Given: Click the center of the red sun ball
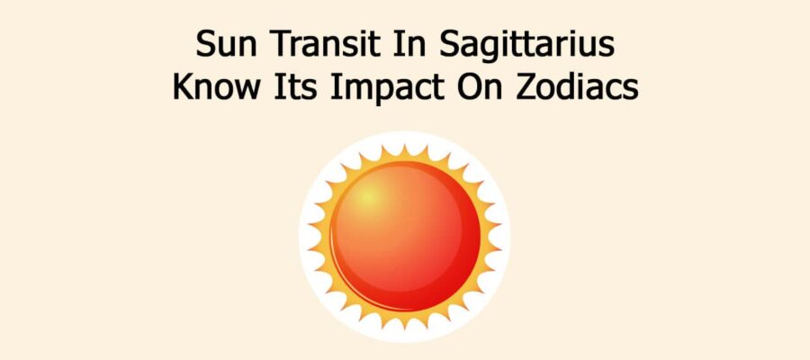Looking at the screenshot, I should tap(404, 237).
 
